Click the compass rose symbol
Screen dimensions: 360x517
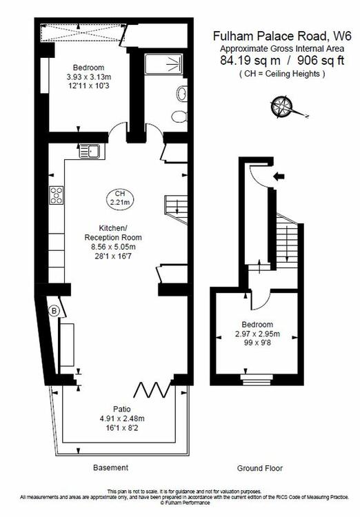point(281,107)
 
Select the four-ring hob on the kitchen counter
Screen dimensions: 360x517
point(56,195)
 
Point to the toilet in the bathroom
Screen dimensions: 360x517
point(179,116)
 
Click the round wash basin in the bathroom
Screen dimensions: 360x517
point(182,93)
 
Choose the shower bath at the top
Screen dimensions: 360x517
point(163,64)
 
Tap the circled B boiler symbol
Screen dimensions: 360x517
point(54,311)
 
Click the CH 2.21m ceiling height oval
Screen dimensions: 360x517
point(120,198)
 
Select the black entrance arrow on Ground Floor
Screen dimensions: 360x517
point(279,176)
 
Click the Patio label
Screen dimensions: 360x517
point(122,409)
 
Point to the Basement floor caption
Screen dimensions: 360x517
point(111,467)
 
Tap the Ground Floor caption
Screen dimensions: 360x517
point(260,468)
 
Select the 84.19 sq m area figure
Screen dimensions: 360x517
point(250,61)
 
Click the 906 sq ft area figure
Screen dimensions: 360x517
point(321,61)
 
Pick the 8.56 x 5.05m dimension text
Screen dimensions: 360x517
point(114,247)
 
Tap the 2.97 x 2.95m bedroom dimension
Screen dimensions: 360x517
point(257,334)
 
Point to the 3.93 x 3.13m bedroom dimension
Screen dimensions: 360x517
point(89,77)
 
